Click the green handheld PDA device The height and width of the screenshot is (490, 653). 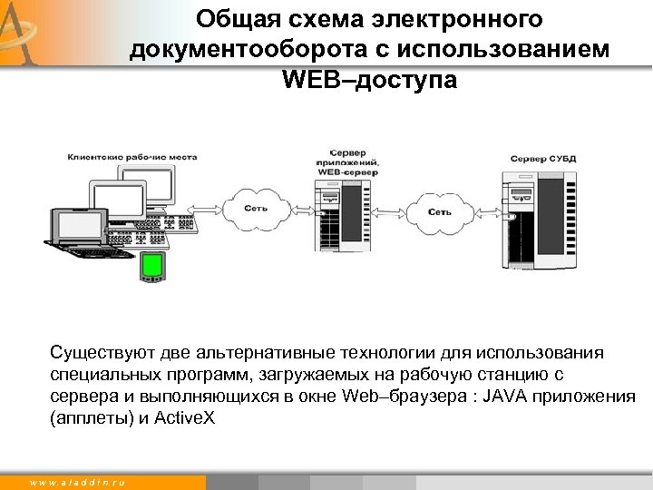(151, 266)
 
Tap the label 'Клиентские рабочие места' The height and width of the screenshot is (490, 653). (117, 156)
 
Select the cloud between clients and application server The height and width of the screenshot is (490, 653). (257, 210)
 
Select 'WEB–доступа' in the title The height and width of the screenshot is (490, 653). (369, 81)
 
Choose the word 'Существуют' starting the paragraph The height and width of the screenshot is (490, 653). (101, 352)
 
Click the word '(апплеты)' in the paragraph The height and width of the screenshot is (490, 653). (88, 417)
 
